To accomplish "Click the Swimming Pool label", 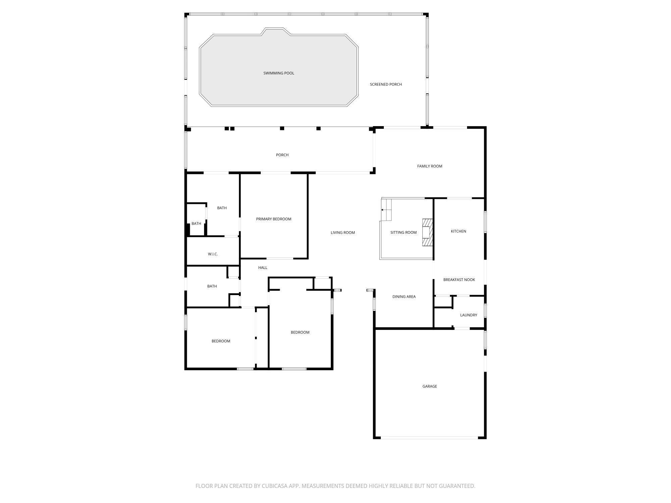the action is [x=278, y=73].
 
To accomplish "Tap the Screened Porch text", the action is [x=386, y=85].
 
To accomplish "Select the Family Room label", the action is [x=429, y=166].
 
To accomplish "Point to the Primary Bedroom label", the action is [x=273, y=219].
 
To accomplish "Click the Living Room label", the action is [x=343, y=233].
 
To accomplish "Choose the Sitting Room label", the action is [x=403, y=233].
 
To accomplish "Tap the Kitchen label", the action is [x=458, y=231].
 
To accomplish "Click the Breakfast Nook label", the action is [x=459, y=280].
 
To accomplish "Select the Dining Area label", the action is [x=404, y=297].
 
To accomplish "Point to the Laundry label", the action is [x=468, y=315].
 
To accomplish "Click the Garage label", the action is [x=429, y=387].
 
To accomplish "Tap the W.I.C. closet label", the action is [x=213, y=254].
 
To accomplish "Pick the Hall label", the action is [x=263, y=268].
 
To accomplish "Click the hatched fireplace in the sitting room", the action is [x=427, y=232].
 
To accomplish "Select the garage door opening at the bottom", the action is [x=429, y=438].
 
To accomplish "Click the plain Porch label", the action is [x=282, y=155].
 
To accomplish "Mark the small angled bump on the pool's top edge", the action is [x=276, y=31].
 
